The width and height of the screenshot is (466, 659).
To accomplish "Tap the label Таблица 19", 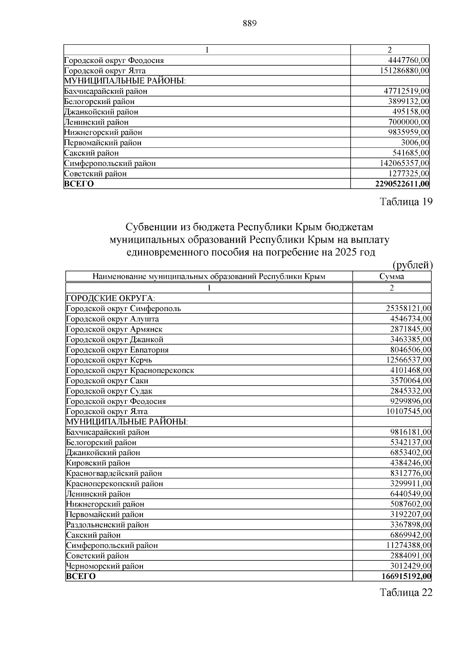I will [x=406, y=202].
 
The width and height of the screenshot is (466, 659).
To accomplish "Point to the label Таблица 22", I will [x=406, y=593].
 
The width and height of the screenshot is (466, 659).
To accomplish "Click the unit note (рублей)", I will [x=412, y=265].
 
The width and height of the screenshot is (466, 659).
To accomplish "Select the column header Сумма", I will [x=391, y=276].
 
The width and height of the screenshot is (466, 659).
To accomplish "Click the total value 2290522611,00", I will [x=402, y=184].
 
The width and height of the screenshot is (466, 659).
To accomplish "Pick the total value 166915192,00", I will [x=406, y=576].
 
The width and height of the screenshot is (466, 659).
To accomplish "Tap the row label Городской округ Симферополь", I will [x=123, y=309].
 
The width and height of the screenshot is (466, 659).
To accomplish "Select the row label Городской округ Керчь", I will [x=109, y=360].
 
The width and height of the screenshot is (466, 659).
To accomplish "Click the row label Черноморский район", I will [x=105, y=566].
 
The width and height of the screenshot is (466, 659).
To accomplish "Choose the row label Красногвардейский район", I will [x=114, y=473].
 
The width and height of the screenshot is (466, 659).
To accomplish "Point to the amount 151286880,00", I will [x=404, y=71].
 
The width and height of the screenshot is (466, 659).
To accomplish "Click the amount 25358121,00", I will [x=408, y=309].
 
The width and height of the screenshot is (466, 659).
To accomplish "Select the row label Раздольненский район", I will [x=108, y=525].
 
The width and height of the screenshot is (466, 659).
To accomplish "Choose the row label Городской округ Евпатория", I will [x=117, y=350].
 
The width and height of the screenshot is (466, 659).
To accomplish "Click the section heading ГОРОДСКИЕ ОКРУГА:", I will [x=111, y=298].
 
